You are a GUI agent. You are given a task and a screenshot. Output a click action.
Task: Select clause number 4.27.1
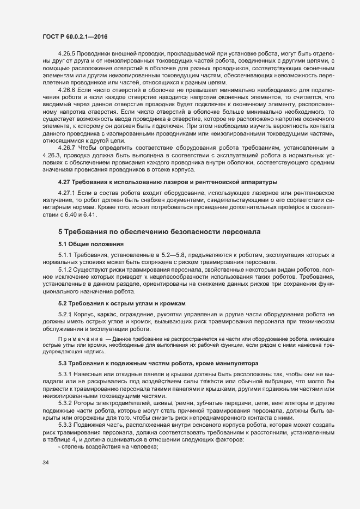pos(67,193)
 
